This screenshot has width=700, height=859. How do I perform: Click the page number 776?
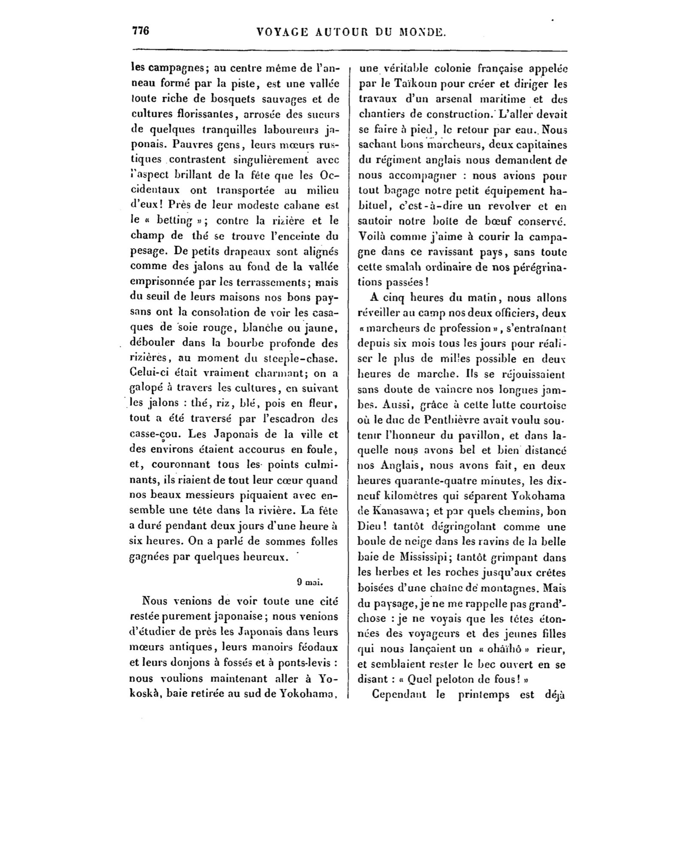coord(140,31)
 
